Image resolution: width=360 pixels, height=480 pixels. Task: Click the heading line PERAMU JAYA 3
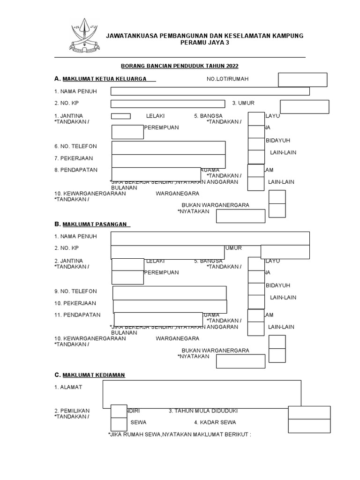205,43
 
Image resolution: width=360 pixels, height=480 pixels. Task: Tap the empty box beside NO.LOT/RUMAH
302,80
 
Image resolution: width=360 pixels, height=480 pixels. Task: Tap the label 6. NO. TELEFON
75,146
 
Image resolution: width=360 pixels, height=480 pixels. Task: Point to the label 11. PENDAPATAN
77,315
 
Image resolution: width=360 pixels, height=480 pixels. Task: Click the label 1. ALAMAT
68,387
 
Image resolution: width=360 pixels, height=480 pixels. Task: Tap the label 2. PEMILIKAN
72,411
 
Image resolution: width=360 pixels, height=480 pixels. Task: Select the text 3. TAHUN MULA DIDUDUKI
203,411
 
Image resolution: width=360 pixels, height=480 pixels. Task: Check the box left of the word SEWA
119,424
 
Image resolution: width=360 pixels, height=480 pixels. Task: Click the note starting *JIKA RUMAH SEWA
180,434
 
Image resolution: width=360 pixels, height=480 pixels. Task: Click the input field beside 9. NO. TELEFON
169,292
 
